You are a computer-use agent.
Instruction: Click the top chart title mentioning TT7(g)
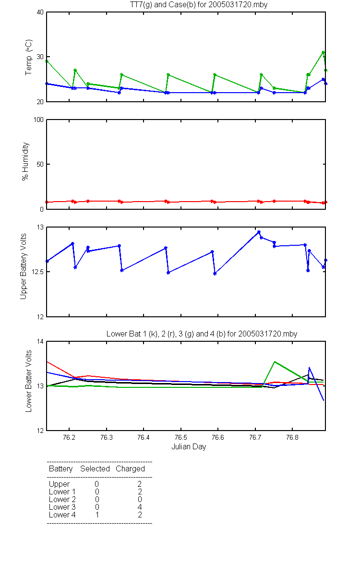pyautogui.click(x=199, y=5)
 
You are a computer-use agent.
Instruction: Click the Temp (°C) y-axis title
pyautogui.click(x=28, y=57)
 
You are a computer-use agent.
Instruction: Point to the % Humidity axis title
pyautogui.click(x=25, y=161)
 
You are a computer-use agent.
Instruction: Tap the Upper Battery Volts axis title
pyautogui.click(x=24, y=266)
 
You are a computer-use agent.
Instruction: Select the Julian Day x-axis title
pyautogui.click(x=189, y=447)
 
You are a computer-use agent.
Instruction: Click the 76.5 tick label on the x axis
pyautogui.click(x=181, y=437)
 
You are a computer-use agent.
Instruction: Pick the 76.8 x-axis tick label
pyautogui.click(x=292, y=437)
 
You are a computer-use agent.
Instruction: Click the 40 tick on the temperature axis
pyautogui.click(x=40, y=12)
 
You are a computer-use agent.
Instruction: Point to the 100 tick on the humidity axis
pyautogui.click(x=39, y=120)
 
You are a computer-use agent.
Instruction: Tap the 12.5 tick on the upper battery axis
pyautogui.click(x=37, y=272)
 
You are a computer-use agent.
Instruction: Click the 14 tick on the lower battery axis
pyautogui.click(x=40, y=341)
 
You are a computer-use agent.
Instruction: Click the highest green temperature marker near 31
pyautogui.click(x=323, y=52)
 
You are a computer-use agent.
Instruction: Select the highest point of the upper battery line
pyautogui.click(x=259, y=232)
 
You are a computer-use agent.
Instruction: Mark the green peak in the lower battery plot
pyautogui.click(x=275, y=361)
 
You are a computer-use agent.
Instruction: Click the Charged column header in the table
pyautogui.click(x=131, y=469)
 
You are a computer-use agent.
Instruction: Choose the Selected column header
pyautogui.click(x=95, y=469)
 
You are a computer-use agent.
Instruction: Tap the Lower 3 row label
pyautogui.click(x=62, y=507)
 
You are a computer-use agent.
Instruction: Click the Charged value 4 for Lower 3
pyautogui.click(x=140, y=507)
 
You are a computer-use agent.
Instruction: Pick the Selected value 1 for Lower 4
pyautogui.click(x=97, y=515)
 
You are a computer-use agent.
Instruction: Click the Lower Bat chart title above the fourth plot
pyautogui.click(x=202, y=334)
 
